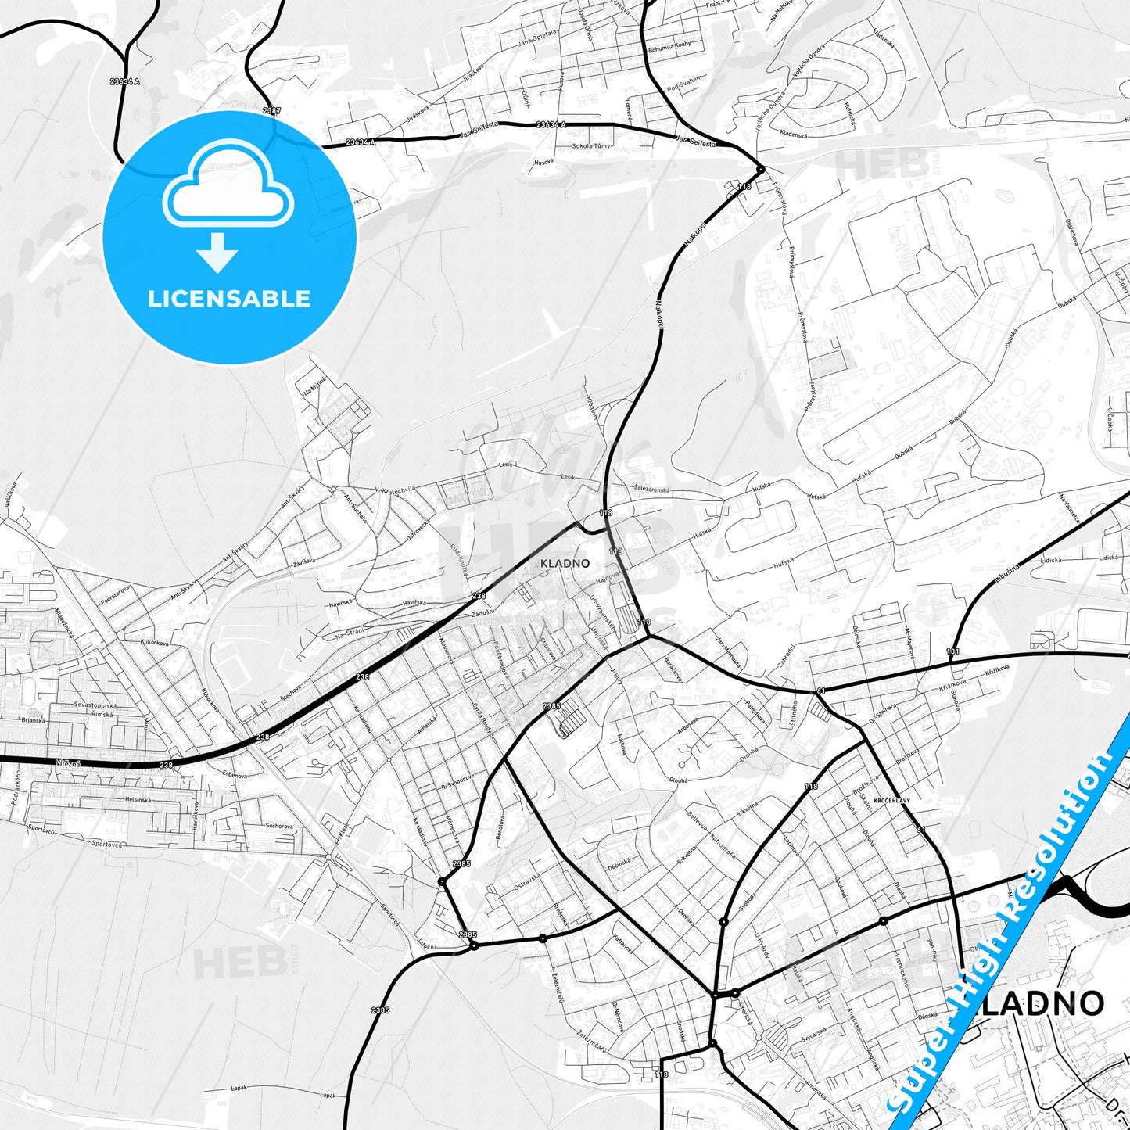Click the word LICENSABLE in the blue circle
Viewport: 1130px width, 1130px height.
229,299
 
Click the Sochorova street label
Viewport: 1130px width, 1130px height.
279,826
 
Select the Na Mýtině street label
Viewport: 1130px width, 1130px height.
315,385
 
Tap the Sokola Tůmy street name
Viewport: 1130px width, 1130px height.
591,146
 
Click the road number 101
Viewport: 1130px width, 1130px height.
952,651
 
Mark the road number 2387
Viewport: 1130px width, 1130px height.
271,111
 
